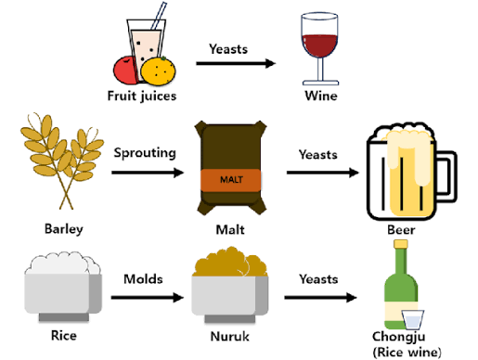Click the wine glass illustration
[320, 46]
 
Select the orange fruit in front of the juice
[158, 71]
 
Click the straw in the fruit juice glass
[159, 16]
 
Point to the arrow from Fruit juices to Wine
[236, 63]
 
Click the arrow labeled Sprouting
[148, 173]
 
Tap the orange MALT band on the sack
[231, 180]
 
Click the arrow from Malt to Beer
[323, 173]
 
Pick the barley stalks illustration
[62, 161]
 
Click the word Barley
[64, 229]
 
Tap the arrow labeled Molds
[148, 298]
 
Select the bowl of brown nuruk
[230, 286]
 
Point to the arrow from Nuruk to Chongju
[320, 298]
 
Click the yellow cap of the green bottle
[401, 244]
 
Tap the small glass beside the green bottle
[413, 319]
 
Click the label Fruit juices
[142, 96]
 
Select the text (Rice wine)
[407, 353]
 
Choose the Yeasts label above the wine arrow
[228, 49]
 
